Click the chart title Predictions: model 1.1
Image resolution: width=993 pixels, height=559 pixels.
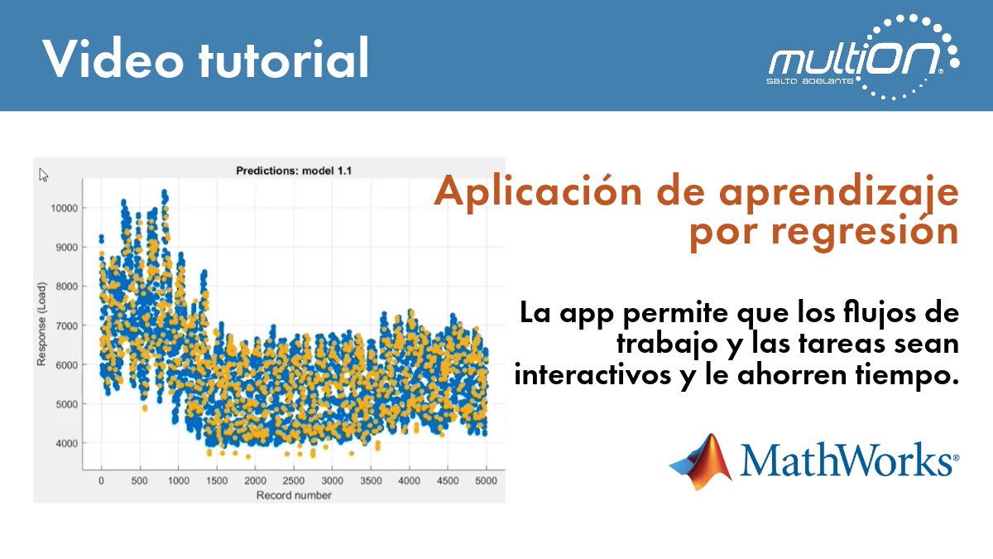click(x=289, y=171)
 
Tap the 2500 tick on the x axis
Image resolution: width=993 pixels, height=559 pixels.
click(x=293, y=480)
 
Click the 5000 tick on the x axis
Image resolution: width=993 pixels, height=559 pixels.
click(x=486, y=480)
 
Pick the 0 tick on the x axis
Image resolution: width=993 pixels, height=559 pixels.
click(x=101, y=480)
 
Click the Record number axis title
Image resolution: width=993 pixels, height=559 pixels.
click(x=294, y=495)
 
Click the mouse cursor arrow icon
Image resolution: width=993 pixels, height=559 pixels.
click(x=44, y=175)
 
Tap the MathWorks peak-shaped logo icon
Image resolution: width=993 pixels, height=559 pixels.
click(x=701, y=460)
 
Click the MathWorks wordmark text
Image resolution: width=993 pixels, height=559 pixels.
click(x=850, y=460)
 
